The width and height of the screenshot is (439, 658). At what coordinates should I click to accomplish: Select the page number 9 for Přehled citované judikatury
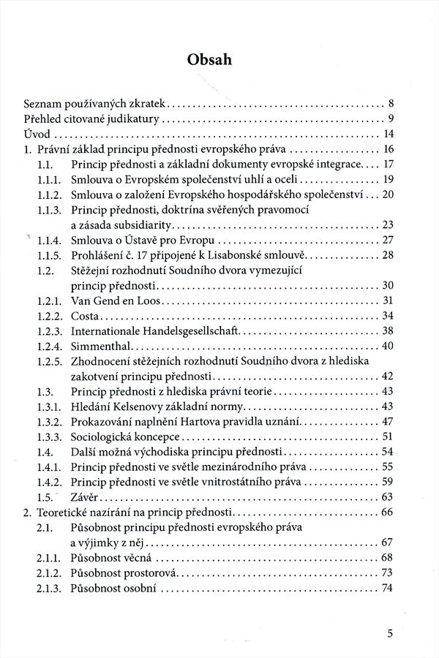pyautogui.click(x=391, y=118)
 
